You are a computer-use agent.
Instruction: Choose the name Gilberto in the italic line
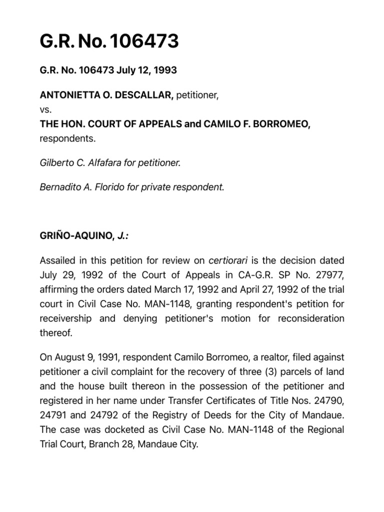[x=56, y=162]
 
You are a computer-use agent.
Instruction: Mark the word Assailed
[x=58, y=260]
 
